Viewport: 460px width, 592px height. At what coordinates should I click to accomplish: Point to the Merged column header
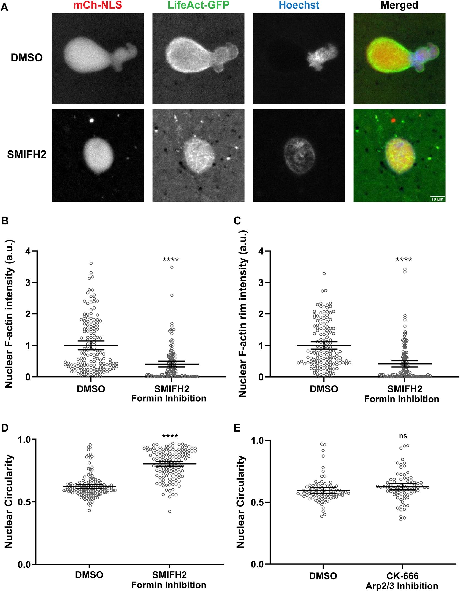(399, 5)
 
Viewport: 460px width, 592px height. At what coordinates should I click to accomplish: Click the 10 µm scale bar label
(437, 199)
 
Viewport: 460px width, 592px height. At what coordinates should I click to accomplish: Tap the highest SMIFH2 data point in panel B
(172, 267)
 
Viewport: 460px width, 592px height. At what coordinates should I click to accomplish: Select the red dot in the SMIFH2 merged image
(393, 120)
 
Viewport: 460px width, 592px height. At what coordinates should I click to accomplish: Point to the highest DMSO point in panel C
(324, 273)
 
